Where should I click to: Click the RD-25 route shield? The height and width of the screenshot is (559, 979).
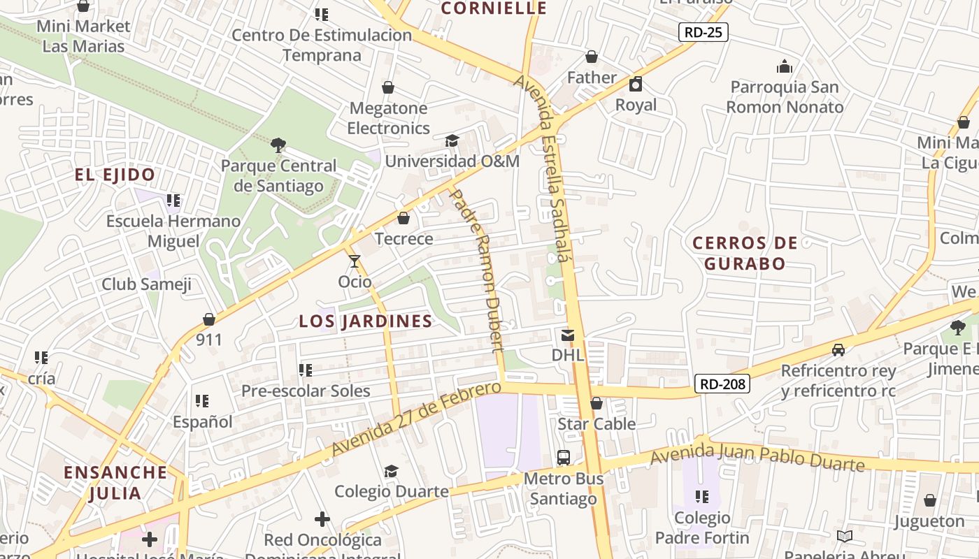703,31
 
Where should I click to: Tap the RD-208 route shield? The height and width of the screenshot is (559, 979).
722,384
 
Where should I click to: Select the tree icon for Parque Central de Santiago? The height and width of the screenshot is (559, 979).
278,145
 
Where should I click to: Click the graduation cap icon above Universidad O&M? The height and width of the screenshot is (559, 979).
452,140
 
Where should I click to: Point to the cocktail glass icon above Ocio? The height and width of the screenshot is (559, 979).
355,261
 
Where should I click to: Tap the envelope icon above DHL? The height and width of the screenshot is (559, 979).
567,335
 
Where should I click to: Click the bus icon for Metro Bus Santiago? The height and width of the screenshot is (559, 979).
564,458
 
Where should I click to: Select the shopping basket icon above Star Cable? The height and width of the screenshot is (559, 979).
596,403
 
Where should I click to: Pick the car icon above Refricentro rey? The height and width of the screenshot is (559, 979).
838,349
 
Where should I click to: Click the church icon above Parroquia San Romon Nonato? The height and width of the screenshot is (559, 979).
785,66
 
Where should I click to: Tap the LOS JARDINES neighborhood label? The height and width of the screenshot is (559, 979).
366,321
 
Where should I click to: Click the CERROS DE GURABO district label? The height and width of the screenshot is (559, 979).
745,253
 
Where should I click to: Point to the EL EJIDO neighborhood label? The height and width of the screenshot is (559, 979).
115,175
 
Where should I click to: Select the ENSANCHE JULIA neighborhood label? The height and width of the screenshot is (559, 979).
115,482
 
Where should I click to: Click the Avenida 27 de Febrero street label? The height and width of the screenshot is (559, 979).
417,418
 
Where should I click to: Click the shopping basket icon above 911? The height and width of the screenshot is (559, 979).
208,319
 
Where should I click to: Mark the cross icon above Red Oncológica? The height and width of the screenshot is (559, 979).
322,519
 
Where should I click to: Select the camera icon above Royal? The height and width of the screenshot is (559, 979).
636,85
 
